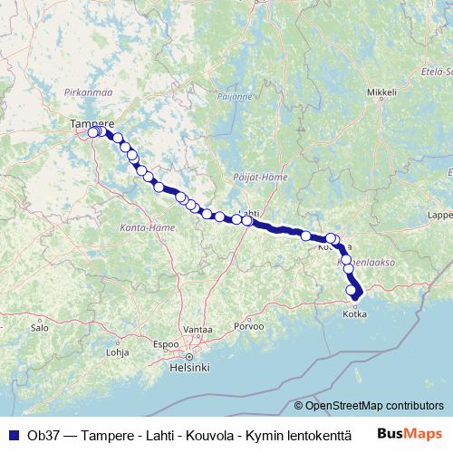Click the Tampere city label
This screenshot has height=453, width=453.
pyautogui.click(x=92, y=122)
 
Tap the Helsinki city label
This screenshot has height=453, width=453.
pyautogui.click(x=190, y=368)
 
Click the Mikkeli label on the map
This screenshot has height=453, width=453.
pyautogui.click(x=382, y=92)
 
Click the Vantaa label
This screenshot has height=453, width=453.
pyautogui.click(x=197, y=329)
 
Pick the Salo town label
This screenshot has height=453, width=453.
pyautogui.click(x=38, y=327)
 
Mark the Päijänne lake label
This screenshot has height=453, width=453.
pyautogui.click(x=233, y=93)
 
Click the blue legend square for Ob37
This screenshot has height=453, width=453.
pyautogui.click(x=13, y=433)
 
